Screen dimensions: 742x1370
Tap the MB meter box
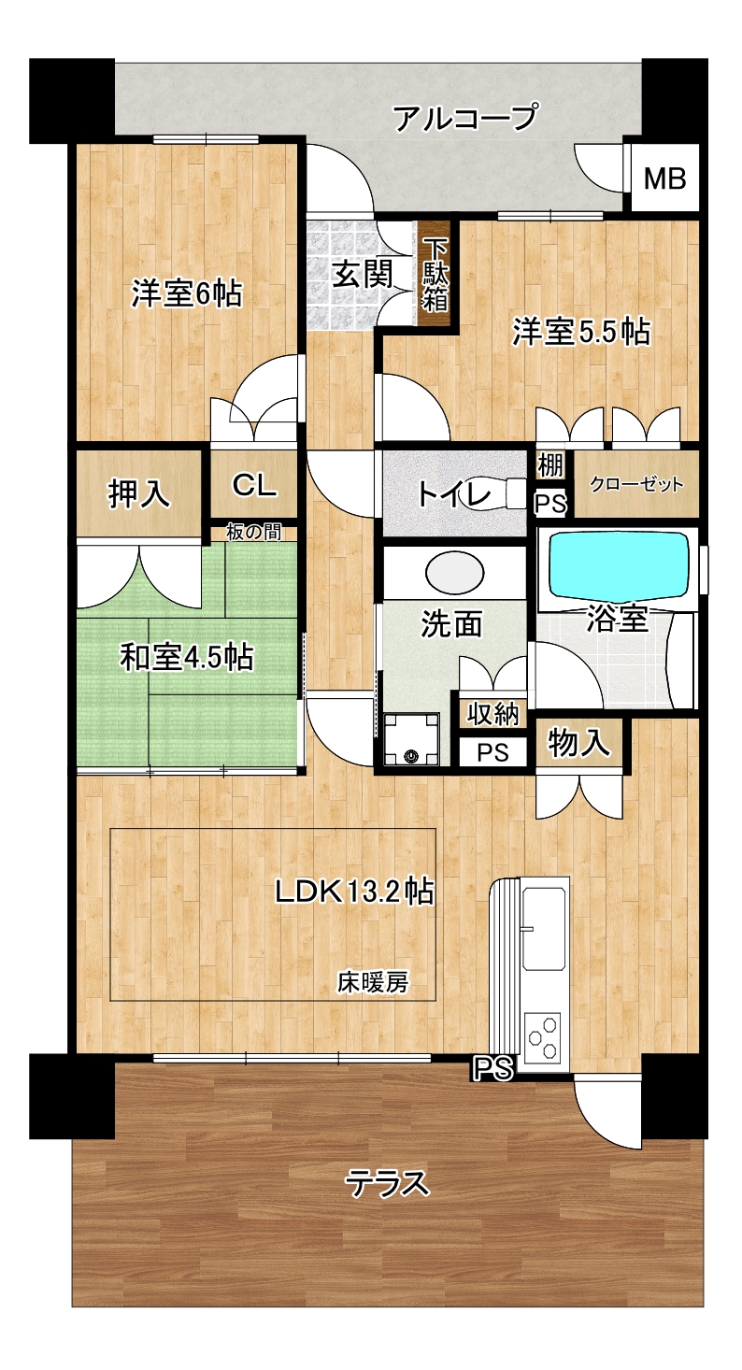point(665,178)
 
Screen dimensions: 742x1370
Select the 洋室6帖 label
point(187,293)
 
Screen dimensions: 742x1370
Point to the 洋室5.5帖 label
point(581,332)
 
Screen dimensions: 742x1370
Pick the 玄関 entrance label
point(363,274)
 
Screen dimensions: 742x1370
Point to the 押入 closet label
point(139,493)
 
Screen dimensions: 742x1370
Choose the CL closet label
point(254,485)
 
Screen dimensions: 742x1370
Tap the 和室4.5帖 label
point(187,658)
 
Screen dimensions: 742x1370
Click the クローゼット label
point(636,485)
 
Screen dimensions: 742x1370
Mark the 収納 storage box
point(493,713)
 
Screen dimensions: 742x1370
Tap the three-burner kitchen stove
point(543,1035)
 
